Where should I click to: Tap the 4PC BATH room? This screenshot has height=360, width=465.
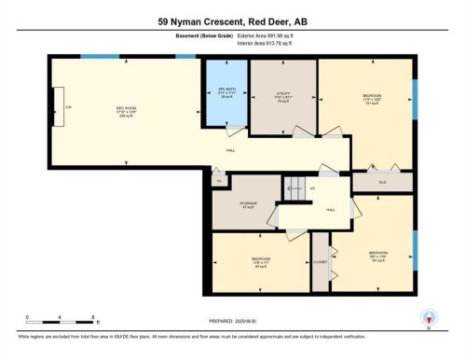(227, 96)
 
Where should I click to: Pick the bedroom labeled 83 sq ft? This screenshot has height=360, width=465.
(260, 262)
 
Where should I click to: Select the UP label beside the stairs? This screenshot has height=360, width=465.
(312, 189)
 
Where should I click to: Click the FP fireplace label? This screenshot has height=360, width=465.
(67, 108)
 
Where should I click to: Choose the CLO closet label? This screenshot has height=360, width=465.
(382, 181)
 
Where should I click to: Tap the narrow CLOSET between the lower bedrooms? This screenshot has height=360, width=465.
(320, 262)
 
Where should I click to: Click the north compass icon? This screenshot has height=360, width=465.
(428, 318)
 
